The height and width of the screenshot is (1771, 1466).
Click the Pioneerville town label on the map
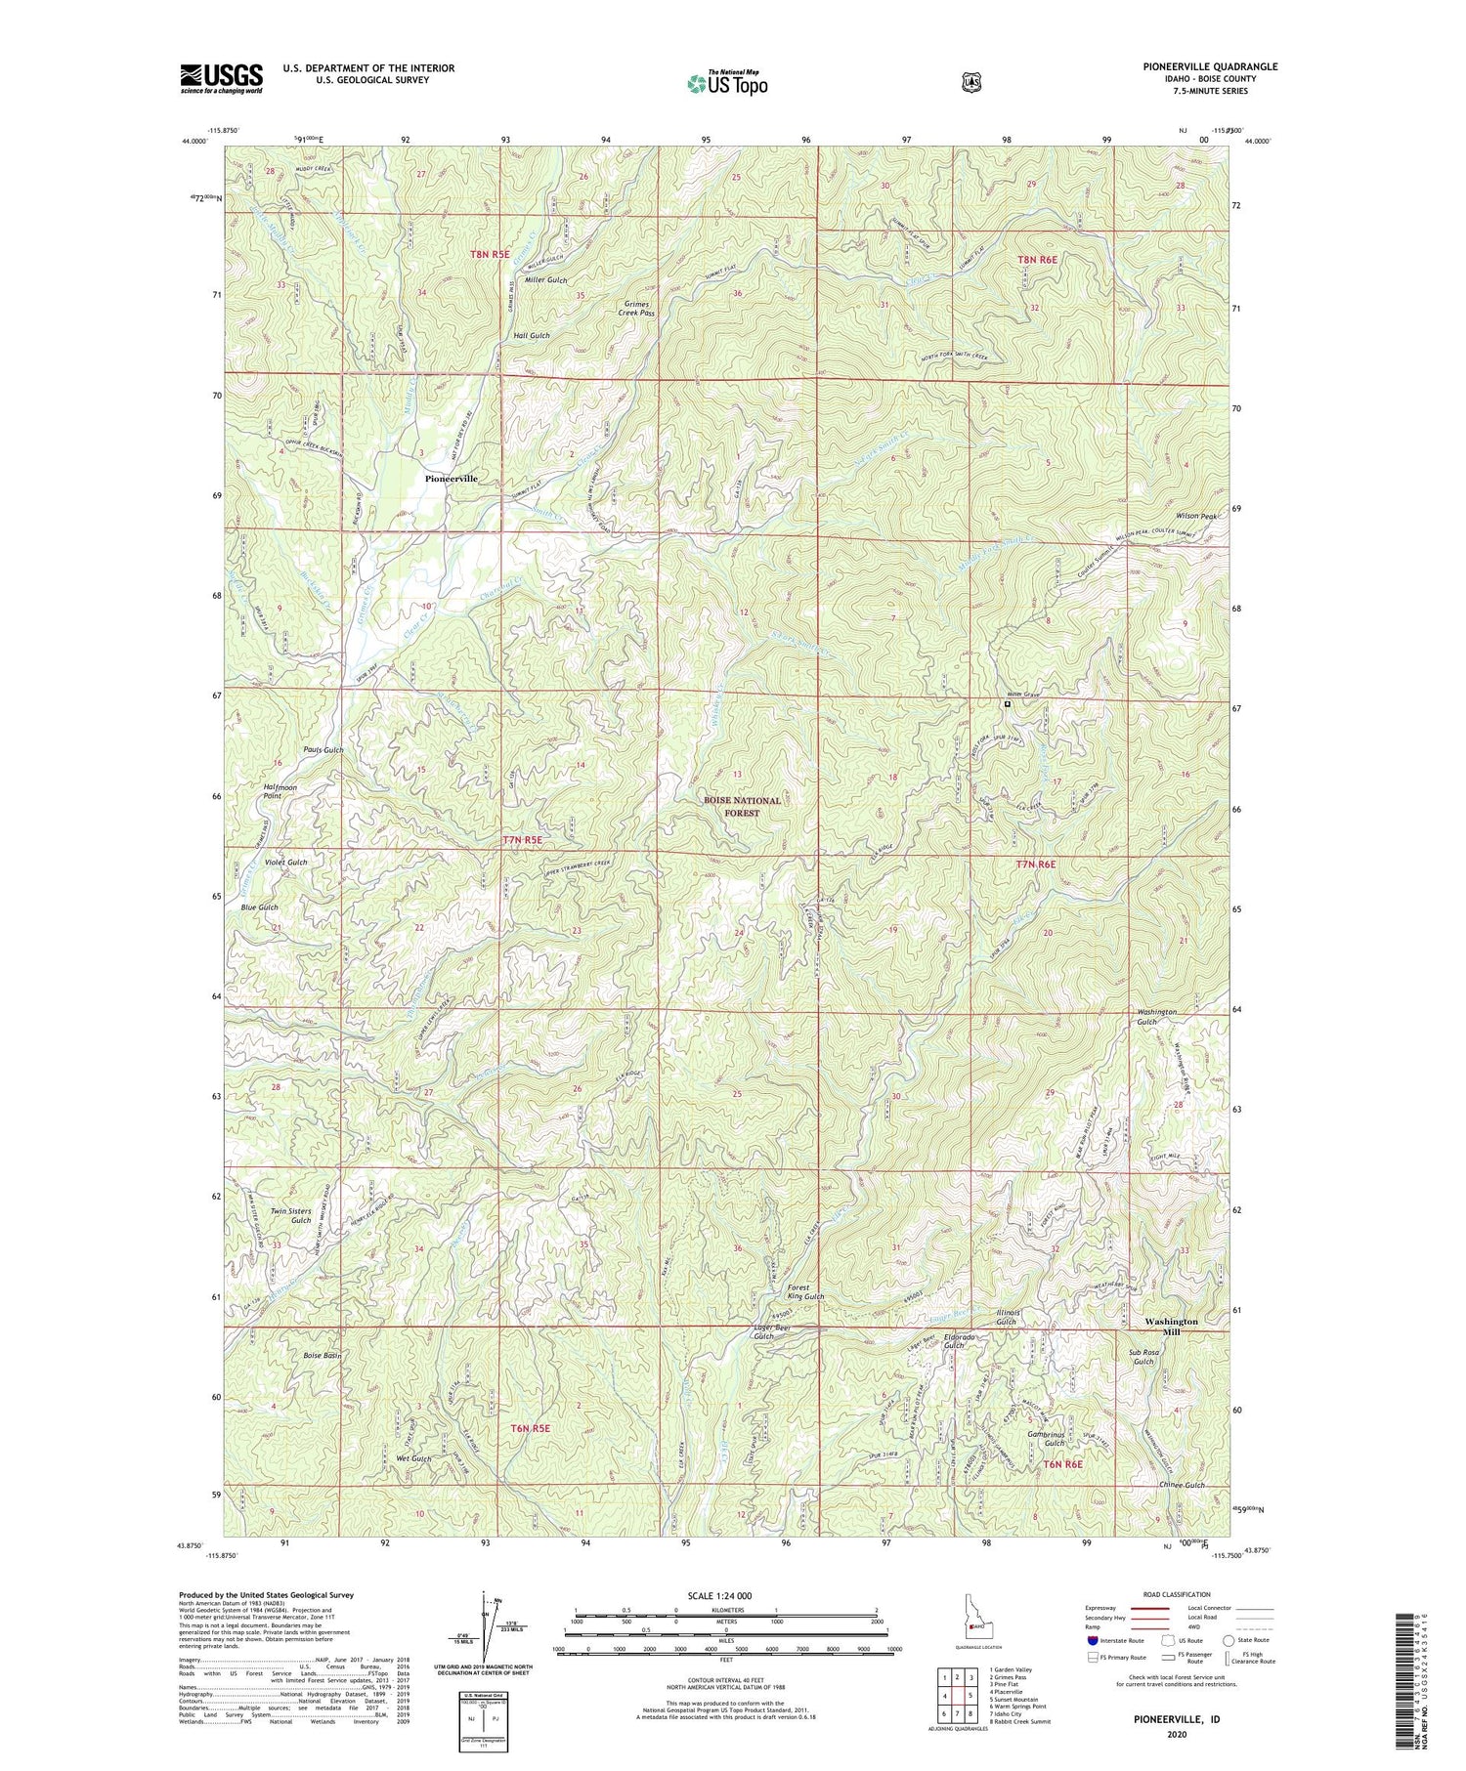pyautogui.click(x=451, y=479)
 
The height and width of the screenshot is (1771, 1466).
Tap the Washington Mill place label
pyautogui.click(x=1171, y=1327)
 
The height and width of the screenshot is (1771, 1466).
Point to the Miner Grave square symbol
pyautogui.click(x=1007, y=703)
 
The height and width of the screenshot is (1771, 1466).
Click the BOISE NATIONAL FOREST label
pyautogui.click(x=743, y=806)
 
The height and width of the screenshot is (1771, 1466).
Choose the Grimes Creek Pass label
pyautogui.click(x=638, y=308)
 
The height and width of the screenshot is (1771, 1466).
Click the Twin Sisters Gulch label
pyautogui.click(x=291, y=1216)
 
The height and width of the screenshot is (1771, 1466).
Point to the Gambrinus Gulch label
pyautogui.click(x=1046, y=1438)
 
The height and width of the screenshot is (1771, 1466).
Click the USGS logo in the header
pyautogui.click(x=221, y=78)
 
